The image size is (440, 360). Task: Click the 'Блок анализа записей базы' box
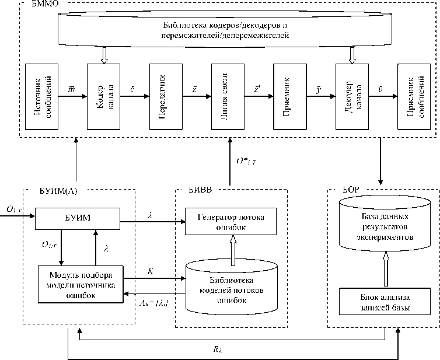[x=384, y=302]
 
